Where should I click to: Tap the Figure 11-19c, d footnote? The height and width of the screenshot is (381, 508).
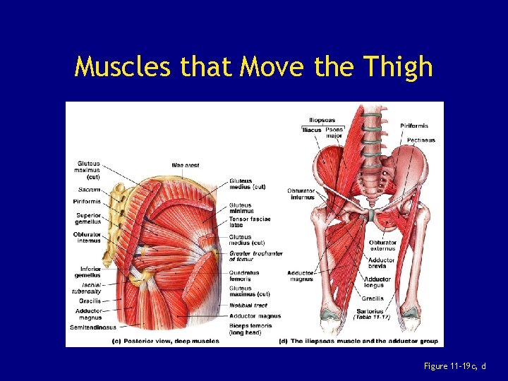[454, 365]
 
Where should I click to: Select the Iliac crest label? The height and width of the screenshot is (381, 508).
[186, 166]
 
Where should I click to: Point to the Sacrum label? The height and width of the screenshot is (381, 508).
[89, 190]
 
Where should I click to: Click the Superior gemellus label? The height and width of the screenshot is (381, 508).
[89, 218]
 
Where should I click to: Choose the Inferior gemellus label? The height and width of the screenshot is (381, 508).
[90, 272]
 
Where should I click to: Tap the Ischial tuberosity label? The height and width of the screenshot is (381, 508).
[87, 288]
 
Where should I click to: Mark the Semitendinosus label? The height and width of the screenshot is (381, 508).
[92, 327]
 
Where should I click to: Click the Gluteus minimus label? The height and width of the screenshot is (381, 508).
[240, 208]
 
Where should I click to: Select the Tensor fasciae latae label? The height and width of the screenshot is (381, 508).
[249, 222]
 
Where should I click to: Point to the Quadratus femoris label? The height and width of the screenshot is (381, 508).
[244, 275]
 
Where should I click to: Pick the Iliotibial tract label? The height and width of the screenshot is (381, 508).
[248, 306]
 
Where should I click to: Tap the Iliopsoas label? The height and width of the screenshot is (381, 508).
[322, 120]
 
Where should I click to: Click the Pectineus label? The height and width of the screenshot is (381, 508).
[421, 140]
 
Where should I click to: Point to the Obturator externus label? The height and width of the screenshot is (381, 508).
[383, 245]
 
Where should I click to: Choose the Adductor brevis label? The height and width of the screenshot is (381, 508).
[382, 262]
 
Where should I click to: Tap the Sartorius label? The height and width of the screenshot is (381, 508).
[370, 310]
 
